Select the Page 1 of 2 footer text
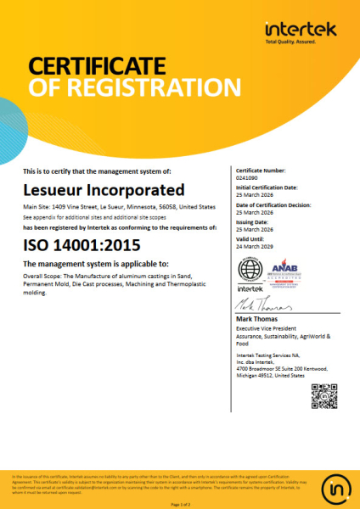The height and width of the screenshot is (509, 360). pos(180,504)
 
